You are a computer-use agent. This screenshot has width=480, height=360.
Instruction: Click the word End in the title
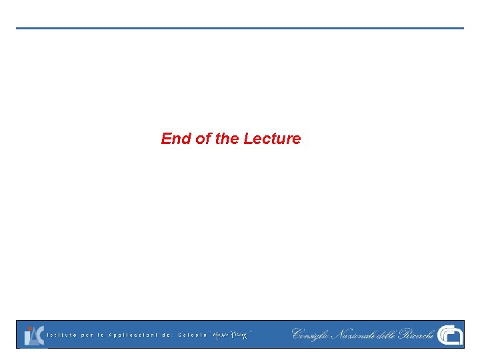point(176,139)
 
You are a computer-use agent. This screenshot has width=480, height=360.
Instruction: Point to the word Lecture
point(272,139)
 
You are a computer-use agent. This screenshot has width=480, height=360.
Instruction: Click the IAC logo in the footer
point(34,335)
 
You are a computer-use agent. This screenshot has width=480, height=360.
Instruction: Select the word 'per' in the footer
point(87,335)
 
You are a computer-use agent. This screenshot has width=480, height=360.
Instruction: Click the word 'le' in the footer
point(102,335)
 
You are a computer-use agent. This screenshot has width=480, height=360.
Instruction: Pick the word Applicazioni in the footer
point(133,335)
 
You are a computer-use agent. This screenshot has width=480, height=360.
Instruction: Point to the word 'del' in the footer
point(167,335)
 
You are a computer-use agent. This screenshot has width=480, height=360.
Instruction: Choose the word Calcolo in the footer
point(193,335)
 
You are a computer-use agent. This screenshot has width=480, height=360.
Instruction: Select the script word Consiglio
point(311,334)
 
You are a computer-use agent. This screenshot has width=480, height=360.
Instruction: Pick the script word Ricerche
point(417,334)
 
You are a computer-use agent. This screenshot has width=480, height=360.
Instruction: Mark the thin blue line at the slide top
point(240,28)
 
